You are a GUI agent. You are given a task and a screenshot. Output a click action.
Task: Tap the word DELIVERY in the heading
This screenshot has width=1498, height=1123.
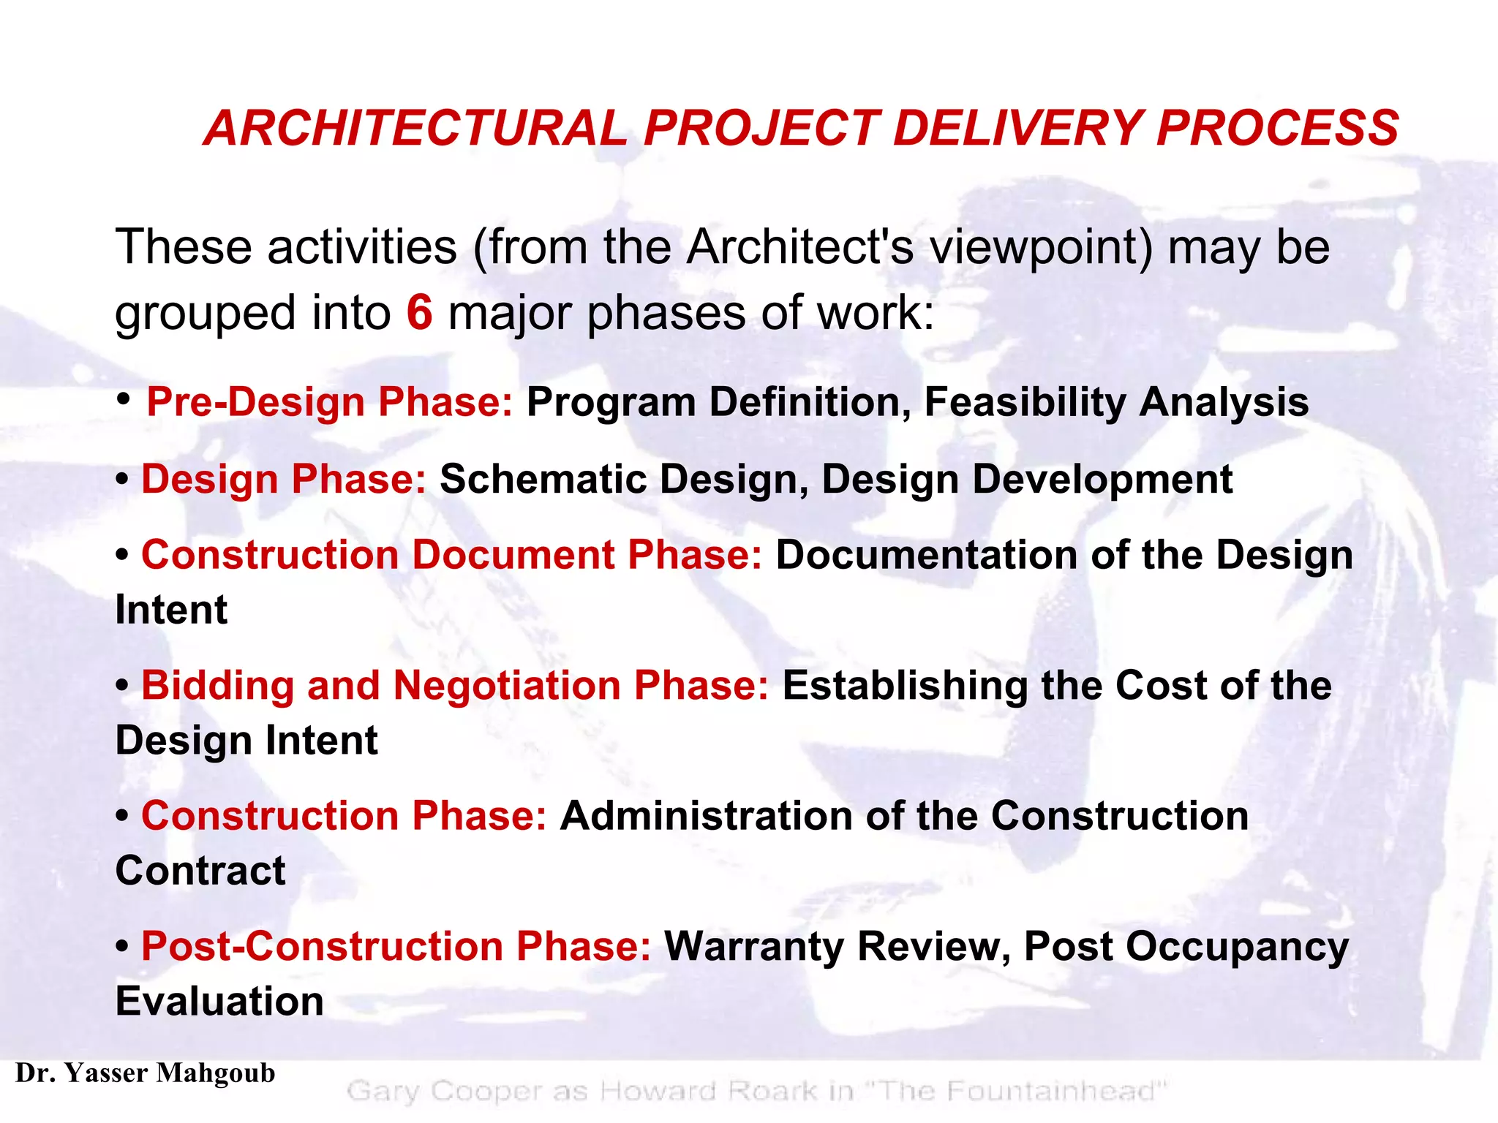pos(1017,129)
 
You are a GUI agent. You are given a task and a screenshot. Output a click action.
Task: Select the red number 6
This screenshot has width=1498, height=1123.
pos(419,312)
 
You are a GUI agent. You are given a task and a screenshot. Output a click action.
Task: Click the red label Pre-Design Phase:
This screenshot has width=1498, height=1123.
pos(330,402)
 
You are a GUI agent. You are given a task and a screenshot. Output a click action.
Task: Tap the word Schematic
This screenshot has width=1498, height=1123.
pos(543,480)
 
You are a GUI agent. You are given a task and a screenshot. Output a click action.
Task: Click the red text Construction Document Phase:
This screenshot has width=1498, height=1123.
pos(451,555)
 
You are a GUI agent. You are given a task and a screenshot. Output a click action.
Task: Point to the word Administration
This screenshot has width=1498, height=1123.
pos(706,816)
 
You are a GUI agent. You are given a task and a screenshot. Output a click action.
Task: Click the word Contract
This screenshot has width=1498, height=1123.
pos(200,871)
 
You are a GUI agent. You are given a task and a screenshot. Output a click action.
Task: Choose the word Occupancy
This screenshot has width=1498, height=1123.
pos(1237,947)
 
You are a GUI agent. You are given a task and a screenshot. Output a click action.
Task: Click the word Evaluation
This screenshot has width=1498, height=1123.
pos(219,1002)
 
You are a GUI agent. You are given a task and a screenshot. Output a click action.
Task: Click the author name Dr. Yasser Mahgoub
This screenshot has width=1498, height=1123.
pos(145,1073)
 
